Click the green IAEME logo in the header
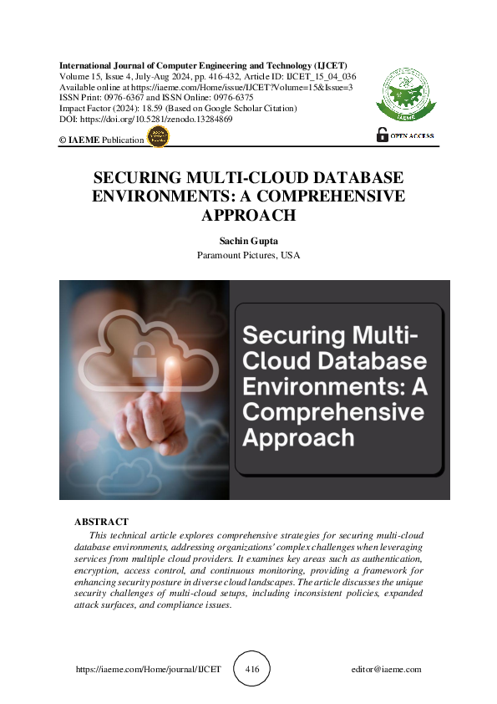406,92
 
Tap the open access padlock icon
383,134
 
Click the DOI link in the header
145,120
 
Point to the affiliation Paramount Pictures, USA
248,254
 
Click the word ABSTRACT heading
101,522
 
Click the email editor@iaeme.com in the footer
387,670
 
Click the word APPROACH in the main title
249,215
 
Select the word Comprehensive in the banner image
332,412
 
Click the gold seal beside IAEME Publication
158,139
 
